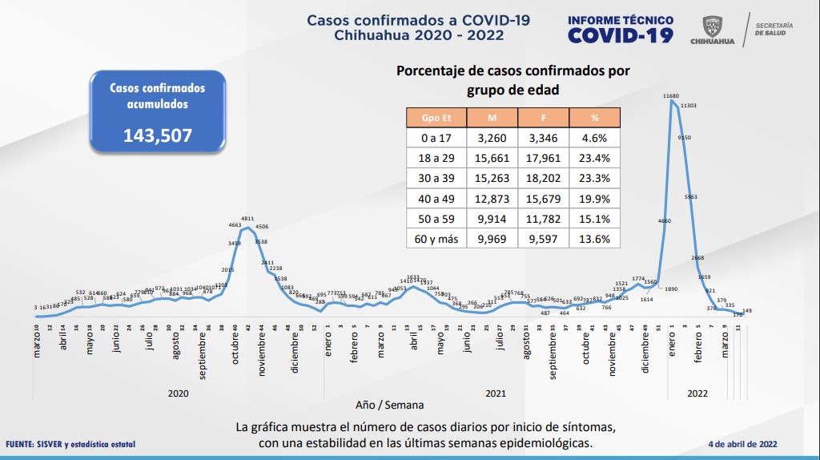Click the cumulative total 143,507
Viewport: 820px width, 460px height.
pos(157,135)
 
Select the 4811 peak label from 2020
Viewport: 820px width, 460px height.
pos(247,218)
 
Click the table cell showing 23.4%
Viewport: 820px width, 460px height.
pos(595,158)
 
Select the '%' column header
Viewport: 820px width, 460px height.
pos(595,118)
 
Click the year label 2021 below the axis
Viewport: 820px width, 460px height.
pos(496,393)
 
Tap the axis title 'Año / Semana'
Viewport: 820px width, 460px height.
pos(390,405)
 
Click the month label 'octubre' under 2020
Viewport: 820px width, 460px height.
pos(235,349)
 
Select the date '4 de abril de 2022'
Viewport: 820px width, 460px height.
pos(742,444)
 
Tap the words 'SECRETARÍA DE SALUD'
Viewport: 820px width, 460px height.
pos(773,29)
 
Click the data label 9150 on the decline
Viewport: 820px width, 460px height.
pos(685,138)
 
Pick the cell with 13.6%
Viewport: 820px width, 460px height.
pos(595,238)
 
